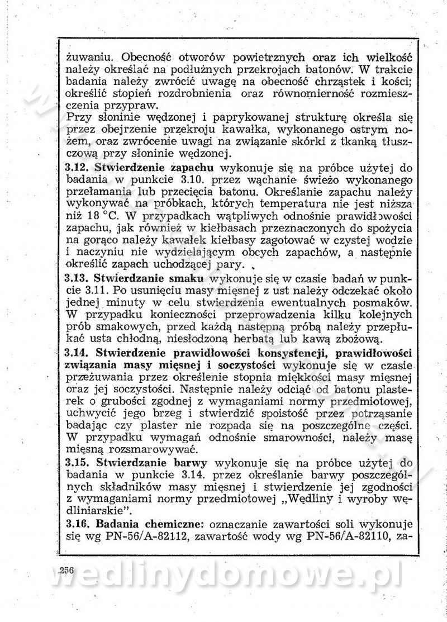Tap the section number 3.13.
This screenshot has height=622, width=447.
78,277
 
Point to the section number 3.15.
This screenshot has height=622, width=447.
78,463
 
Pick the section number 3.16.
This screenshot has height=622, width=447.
78,525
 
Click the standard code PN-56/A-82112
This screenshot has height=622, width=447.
141,538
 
